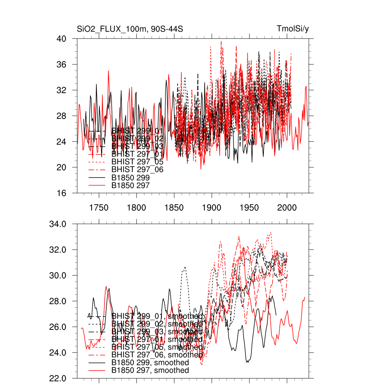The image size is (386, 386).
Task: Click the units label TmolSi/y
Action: tap(293, 29)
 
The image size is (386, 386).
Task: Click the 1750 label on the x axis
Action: tap(99, 207)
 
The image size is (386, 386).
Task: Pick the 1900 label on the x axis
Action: tap(212, 207)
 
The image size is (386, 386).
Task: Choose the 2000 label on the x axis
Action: tap(287, 207)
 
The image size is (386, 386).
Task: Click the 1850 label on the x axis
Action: tap(174, 207)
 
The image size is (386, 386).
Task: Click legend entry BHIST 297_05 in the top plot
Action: tap(137, 162)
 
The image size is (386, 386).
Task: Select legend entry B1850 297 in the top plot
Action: tap(130, 185)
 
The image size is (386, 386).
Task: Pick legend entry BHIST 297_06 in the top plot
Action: tap(137, 170)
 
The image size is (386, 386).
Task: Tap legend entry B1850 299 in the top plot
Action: tap(130, 177)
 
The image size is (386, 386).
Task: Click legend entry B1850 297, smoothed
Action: tap(150, 371)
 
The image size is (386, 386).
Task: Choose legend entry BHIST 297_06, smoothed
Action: tap(157, 355)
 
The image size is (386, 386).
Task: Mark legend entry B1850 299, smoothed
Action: tap(150, 363)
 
